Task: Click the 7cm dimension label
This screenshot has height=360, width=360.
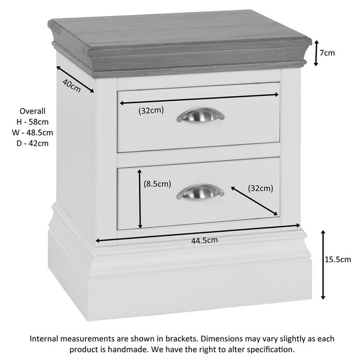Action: (x=327, y=53)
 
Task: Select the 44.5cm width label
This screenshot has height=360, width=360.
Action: (x=204, y=240)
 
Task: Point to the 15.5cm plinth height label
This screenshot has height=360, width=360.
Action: (x=338, y=259)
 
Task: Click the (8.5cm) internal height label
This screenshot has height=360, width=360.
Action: (x=157, y=184)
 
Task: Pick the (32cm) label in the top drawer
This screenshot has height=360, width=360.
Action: (x=151, y=111)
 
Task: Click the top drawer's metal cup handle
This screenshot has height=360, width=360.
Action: (x=201, y=115)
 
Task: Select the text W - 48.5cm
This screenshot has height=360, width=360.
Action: (x=32, y=133)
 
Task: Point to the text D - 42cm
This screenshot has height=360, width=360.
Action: (x=32, y=143)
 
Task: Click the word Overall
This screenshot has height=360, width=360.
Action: (x=32, y=111)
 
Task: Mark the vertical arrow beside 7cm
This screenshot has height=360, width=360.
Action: (x=316, y=52)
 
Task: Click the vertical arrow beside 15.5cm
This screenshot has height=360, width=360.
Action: (x=323, y=264)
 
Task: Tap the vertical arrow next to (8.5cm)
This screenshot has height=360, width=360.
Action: (x=140, y=199)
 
